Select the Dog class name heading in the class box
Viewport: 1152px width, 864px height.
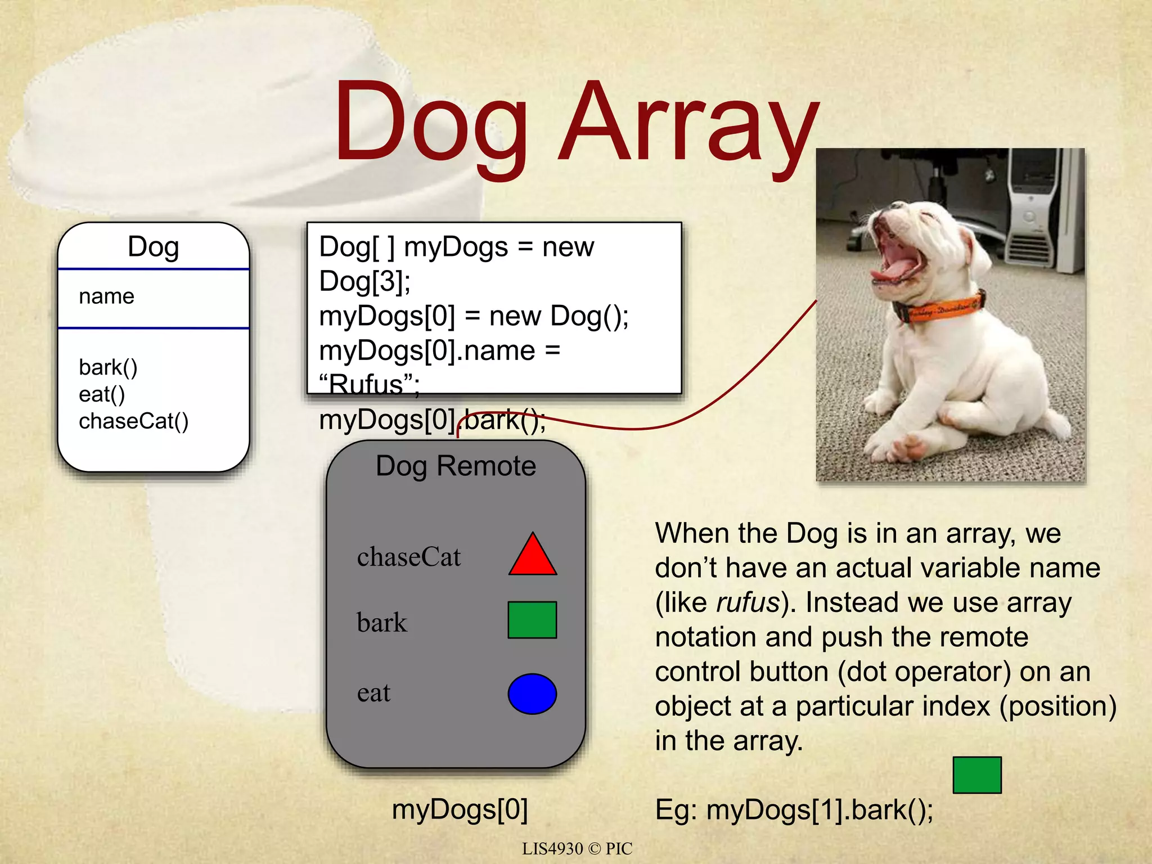(x=153, y=247)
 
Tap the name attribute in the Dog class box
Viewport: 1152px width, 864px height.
(x=106, y=296)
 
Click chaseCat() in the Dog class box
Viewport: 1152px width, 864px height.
(x=133, y=421)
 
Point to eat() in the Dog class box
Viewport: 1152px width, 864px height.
(x=102, y=394)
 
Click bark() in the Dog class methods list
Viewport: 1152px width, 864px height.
(x=108, y=367)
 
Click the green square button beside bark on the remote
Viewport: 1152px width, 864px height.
(x=532, y=620)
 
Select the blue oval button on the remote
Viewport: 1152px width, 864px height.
(x=532, y=694)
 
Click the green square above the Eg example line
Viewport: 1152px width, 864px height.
(x=976, y=775)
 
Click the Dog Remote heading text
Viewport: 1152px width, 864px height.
(x=456, y=466)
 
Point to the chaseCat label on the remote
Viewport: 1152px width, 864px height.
(x=408, y=557)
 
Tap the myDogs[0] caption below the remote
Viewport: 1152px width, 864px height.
(x=460, y=809)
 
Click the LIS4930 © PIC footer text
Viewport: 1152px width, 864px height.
(x=577, y=848)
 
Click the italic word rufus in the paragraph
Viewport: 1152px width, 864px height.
(x=748, y=603)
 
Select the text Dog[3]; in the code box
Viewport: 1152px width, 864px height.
(x=364, y=281)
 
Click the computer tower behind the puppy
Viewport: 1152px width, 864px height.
(x=1041, y=208)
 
